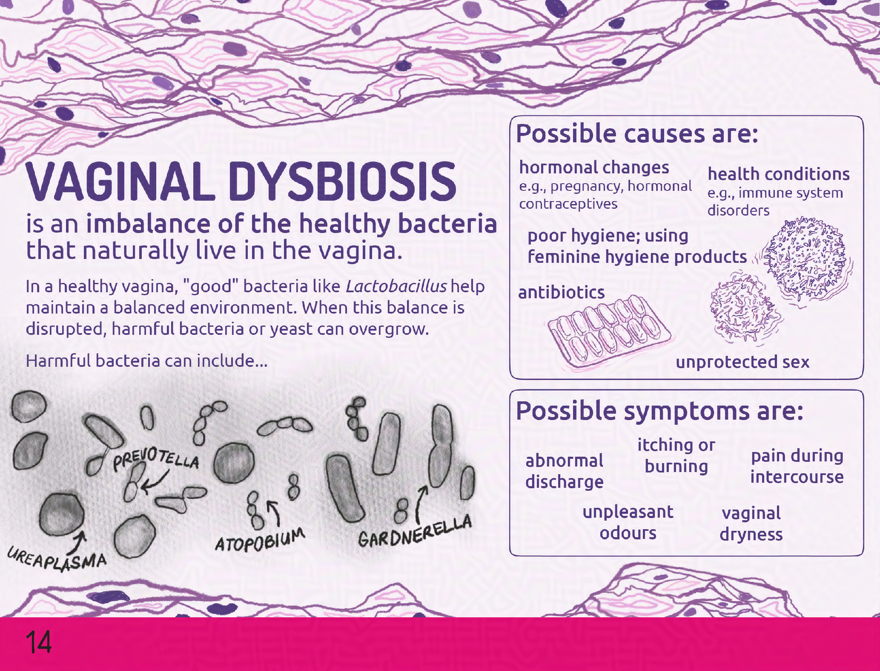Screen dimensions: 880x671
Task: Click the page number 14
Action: [x=38, y=642]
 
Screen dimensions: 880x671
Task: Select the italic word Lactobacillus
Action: [x=396, y=286]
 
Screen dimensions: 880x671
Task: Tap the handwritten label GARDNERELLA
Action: [x=415, y=531]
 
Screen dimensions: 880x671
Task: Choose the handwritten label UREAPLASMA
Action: [x=57, y=559]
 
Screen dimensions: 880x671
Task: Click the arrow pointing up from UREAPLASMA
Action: [x=79, y=540]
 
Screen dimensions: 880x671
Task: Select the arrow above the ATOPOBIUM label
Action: [x=275, y=513]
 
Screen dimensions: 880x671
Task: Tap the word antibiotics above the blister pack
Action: [x=561, y=293]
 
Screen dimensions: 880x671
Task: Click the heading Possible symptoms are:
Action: [x=659, y=411]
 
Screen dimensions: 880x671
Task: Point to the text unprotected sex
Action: [x=742, y=362]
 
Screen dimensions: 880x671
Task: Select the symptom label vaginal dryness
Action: [x=751, y=524]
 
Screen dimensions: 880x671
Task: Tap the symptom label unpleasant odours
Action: [x=628, y=522]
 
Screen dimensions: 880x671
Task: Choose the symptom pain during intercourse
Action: [x=797, y=466]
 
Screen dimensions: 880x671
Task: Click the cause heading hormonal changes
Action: [x=594, y=167]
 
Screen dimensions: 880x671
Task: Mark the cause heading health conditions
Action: [x=779, y=174]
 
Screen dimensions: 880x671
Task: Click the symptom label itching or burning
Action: [x=676, y=455]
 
